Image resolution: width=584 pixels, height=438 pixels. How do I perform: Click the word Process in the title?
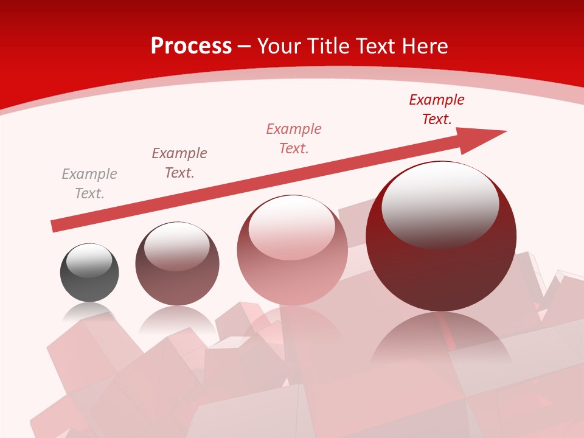191,46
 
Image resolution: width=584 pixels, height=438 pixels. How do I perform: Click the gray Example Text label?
89,184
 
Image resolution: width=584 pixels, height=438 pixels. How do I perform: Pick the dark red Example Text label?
437,109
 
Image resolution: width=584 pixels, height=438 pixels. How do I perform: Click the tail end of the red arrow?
55,226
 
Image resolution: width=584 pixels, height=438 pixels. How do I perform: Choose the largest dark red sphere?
441,255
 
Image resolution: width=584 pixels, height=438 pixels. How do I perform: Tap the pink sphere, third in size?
292,268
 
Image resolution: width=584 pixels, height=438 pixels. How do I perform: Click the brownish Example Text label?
179,163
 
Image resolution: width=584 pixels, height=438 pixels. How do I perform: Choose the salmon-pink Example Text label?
294,139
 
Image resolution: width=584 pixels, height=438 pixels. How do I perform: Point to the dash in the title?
245,47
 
